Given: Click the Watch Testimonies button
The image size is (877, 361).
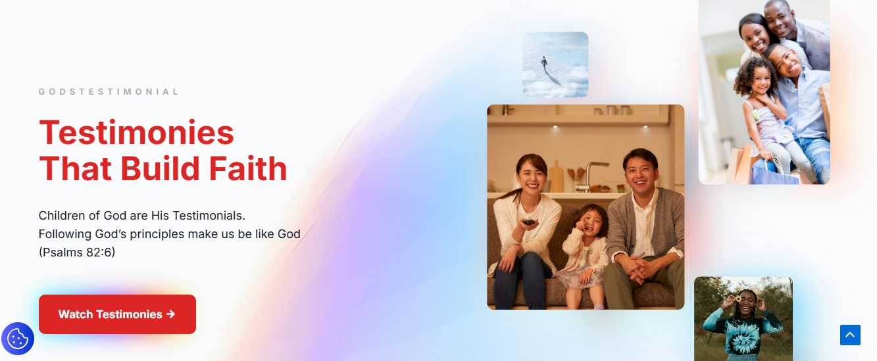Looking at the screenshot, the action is tap(117, 314).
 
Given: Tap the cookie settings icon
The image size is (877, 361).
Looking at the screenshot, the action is tap(18, 339).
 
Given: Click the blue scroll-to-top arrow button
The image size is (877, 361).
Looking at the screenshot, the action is tap(850, 335).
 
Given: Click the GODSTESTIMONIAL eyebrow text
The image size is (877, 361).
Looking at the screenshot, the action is tap(109, 91).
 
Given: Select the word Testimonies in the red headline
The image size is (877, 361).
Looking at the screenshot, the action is tap(136, 133).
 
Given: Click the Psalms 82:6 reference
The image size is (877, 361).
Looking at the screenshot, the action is tap(77, 253).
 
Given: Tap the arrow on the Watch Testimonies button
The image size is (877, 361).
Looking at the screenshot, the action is tap(170, 314).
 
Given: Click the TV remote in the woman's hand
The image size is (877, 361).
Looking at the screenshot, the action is tap(528, 222).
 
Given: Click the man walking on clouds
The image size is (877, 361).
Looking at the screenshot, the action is tap(544, 62).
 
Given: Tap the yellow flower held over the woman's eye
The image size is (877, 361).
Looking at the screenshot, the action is tap(738, 299).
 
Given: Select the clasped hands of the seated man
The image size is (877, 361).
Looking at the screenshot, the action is tap(636, 270).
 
